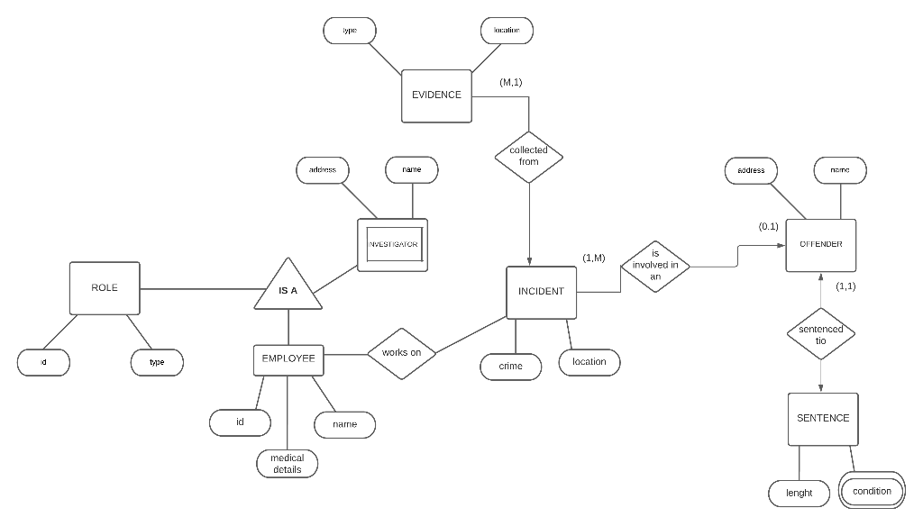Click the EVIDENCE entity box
[436, 95]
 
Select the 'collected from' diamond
[529, 156]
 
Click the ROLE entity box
[105, 288]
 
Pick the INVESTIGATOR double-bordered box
[392, 244]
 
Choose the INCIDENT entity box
[541, 292]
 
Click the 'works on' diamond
[401, 352]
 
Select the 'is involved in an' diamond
[655, 265]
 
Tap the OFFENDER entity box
[820, 245]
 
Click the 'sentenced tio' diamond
[820, 334]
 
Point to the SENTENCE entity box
[822, 419]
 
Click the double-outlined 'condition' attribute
[872, 491]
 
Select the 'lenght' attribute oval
[799, 493]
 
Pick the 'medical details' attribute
[287, 464]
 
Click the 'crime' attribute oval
[510, 367]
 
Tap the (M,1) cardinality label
[510, 82]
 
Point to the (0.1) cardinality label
[768, 227]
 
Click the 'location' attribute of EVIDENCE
[507, 31]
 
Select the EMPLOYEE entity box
[288, 358]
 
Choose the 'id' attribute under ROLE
[43, 362]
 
